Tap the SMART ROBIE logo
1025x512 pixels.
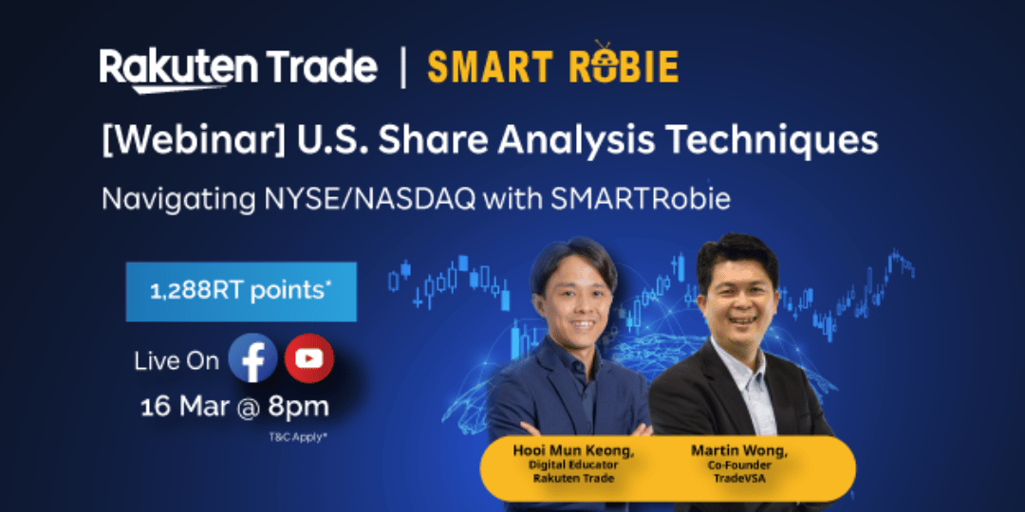pyautogui.click(x=552, y=64)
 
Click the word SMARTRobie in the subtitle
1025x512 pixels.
pyautogui.click(x=640, y=199)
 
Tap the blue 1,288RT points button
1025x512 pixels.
pyautogui.click(x=241, y=291)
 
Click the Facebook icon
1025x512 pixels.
pyautogui.click(x=252, y=357)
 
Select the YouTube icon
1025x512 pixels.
pyautogui.click(x=309, y=357)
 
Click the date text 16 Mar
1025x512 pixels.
pyautogui.click(x=185, y=407)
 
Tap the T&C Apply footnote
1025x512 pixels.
pyautogui.click(x=297, y=437)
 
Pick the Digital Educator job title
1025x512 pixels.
pyautogui.click(x=573, y=465)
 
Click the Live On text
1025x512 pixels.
pyautogui.click(x=177, y=361)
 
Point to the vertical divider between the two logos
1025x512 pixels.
pyautogui.click(x=402, y=66)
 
